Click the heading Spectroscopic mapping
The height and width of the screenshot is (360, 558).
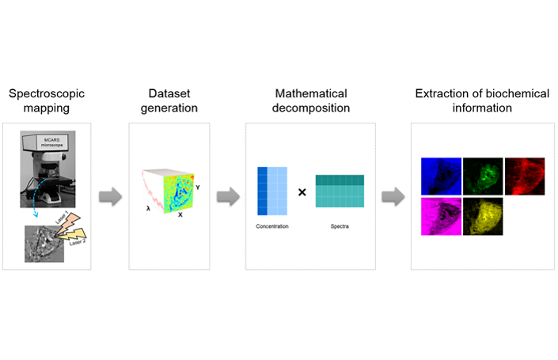coord(47,100)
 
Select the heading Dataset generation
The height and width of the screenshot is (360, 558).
coord(169,100)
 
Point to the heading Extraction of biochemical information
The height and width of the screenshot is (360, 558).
coord(481,100)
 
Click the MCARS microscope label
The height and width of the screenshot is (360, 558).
coord(51,145)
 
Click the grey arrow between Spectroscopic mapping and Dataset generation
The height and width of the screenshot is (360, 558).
coord(109,197)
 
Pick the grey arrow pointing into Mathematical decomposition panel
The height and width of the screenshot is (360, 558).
coord(228,197)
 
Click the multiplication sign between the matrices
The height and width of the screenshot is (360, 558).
coord(302,191)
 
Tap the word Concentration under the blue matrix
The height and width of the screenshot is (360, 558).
coord(271,226)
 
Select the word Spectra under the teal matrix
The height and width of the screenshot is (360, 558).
coord(339,226)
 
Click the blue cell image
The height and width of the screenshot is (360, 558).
coord(440,176)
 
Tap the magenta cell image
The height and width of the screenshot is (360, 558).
coord(440,216)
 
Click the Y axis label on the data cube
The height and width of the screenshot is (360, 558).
coord(197,188)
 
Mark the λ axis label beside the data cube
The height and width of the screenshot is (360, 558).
coord(147,208)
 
